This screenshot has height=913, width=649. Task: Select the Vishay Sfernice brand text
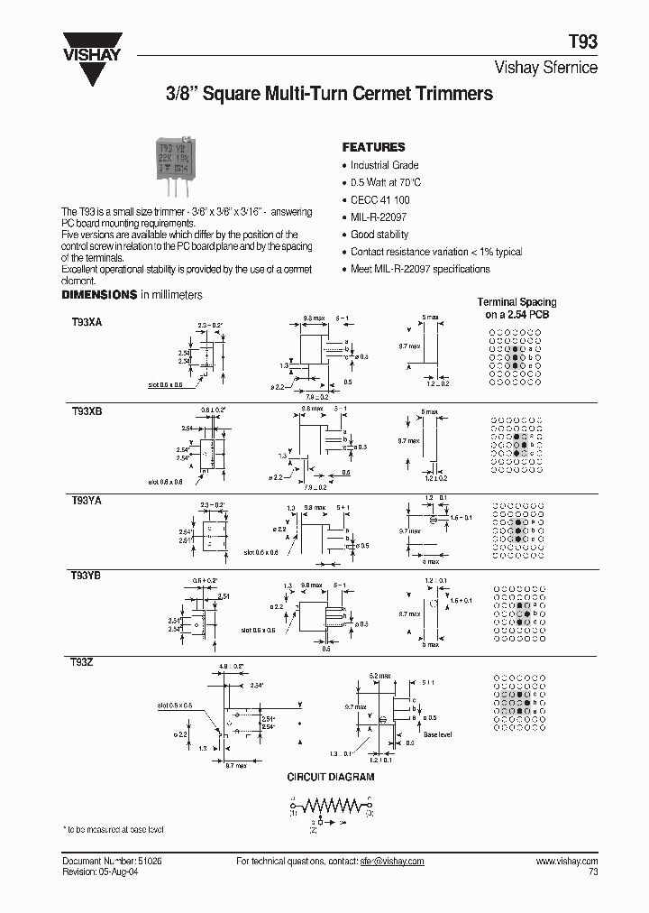pyautogui.click(x=547, y=68)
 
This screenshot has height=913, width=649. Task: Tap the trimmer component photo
pyautogui.click(x=178, y=162)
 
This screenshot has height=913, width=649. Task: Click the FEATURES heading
pyautogui.click(x=373, y=147)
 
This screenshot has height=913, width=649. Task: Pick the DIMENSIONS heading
pyautogui.click(x=99, y=295)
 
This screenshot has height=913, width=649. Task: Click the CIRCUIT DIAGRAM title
pyautogui.click(x=331, y=777)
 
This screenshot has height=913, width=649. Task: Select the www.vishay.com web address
pyautogui.click(x=567, y=862)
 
